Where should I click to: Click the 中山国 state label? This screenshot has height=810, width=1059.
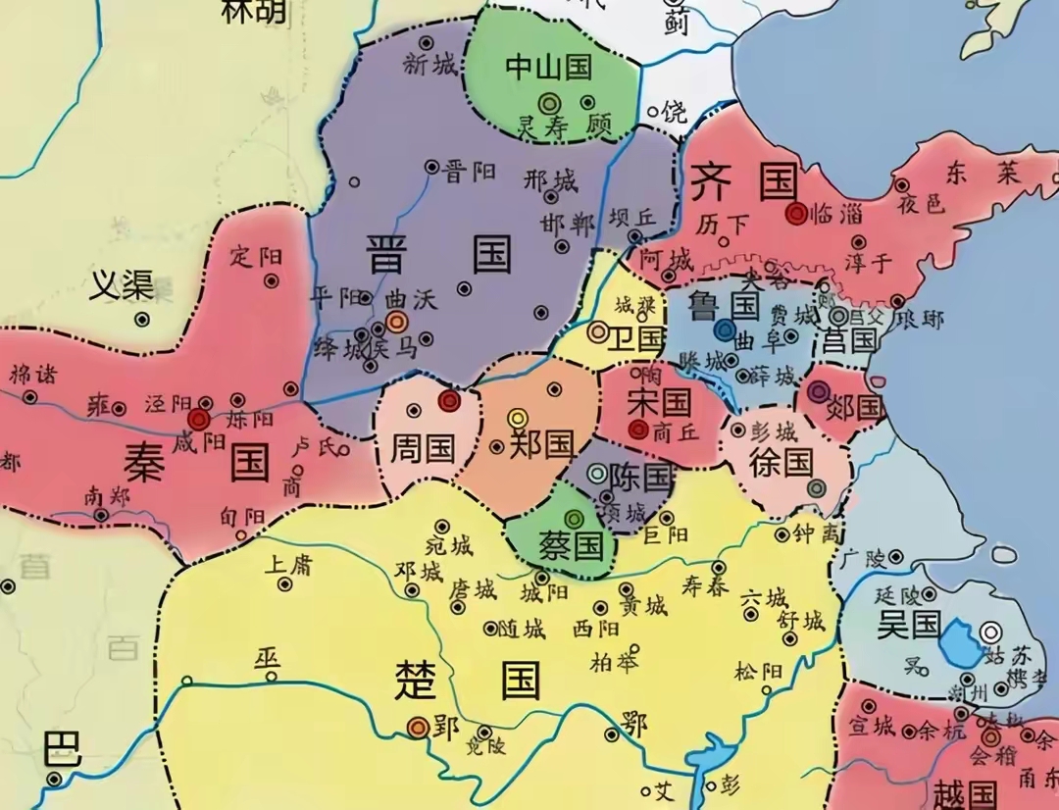click(x=549, y=67)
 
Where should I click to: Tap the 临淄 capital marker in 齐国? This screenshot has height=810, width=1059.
click(x=796, y=213)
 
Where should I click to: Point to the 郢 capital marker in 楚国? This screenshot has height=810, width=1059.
click(x=418, y=727)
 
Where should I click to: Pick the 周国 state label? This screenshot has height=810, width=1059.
click(x=423, y=449)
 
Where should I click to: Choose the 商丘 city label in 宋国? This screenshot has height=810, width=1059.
click(x=678, y=430)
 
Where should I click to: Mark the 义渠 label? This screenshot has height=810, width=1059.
click(x=122, y=285)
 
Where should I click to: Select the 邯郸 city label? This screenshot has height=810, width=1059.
click(x=568, y=223)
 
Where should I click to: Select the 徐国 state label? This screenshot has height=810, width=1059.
click(x=782, y=462)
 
